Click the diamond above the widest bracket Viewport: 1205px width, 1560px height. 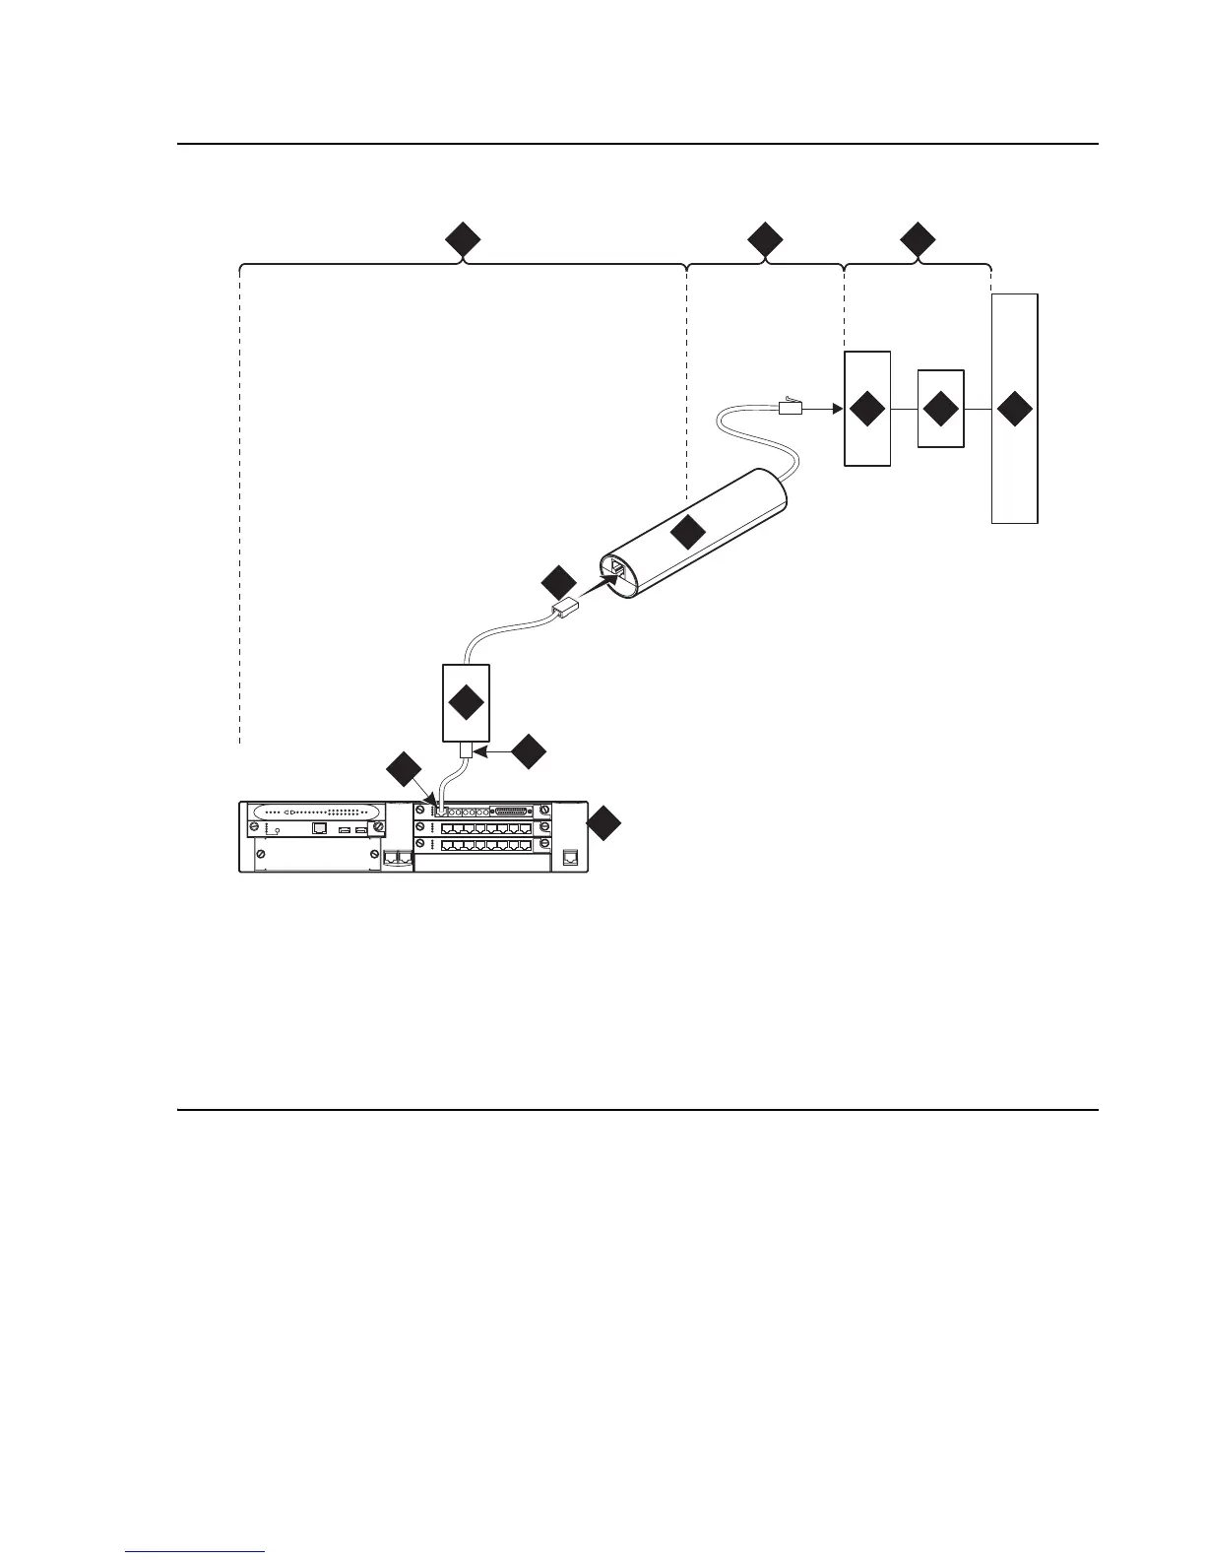463,240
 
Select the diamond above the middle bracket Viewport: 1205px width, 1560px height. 765,240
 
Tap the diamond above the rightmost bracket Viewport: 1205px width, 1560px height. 919,240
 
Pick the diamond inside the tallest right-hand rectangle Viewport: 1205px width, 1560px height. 1015,409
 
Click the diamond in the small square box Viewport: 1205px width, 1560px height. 940,409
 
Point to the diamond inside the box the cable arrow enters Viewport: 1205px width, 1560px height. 867,409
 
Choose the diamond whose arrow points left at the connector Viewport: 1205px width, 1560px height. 529,751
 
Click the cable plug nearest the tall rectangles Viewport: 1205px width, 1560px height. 792,406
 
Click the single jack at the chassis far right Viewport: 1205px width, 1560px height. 570,858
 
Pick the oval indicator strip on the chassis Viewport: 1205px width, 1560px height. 316,812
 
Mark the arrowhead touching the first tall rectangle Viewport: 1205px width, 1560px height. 837,407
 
